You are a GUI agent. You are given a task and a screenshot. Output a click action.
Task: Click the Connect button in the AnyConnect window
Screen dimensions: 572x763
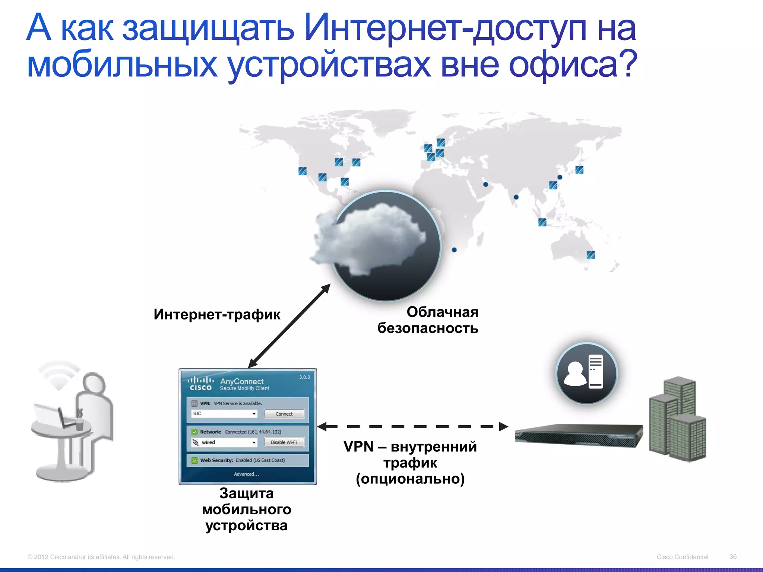pyautogui.click(x=284, y=414)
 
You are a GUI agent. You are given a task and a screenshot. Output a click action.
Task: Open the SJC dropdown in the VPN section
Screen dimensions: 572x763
pyautogui.click(x=254, y=414)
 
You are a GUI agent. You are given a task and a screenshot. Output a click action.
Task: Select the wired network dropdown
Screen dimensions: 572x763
pyautogui.click(x=254, y=442)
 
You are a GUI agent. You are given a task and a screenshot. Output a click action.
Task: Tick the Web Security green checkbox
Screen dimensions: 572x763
pyautogui.click(x=194, y=460)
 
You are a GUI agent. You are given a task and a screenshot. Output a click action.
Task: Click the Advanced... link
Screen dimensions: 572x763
pyautogui.click(x=246, y=474)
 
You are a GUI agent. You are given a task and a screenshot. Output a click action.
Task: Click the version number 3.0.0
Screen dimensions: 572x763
pyautogui.click(x=304, y=377)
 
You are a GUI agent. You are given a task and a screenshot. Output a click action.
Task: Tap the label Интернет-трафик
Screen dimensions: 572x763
pyautogui.click(x=217, y=315)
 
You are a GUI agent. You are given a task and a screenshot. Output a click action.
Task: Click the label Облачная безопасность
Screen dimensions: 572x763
pyautogui.click(x=428, y=320)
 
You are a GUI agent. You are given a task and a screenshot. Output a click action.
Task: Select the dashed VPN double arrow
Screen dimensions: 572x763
pyautogui.click(x=413, y=427)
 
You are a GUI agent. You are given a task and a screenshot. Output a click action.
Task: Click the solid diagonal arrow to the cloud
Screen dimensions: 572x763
pyautogui.click(x=289, y=326)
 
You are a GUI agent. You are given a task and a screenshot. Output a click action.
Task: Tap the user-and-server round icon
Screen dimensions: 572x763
pyautogui.click(x=586, y=374)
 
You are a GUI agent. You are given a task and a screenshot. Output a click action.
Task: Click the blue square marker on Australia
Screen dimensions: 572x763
pyautogui.click(x=591, y=255)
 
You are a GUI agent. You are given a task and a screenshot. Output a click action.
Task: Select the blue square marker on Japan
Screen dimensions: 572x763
pyautogui.click(x=579, y=170)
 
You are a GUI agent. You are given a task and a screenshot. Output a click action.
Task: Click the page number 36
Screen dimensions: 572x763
pyautogui.click(x=733, y=557)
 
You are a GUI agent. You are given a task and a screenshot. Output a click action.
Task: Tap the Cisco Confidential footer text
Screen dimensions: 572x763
pyautogui.click(x=682, y=557)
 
